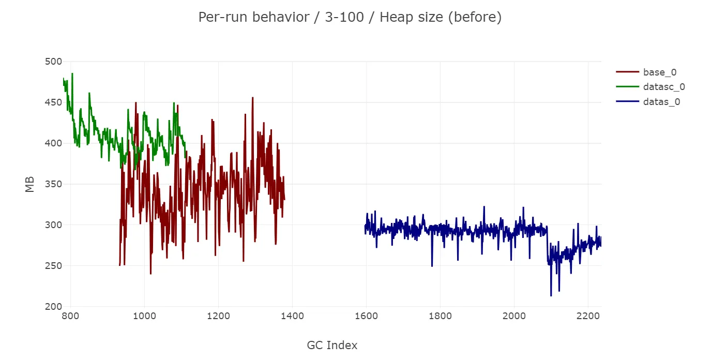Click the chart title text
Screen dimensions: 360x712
click(350, 18)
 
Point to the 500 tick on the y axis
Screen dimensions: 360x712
click(53, 62)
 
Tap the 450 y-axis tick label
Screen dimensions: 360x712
click(53, 102)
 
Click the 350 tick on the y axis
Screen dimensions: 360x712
click(53, 184)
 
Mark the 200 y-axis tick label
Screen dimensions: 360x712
click(53, 307)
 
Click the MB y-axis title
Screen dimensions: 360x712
click(30, 184)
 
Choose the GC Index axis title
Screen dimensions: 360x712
click(332, 346)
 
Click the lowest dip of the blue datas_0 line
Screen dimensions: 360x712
click(551, 295)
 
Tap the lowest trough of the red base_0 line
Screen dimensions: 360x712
click(150, 274)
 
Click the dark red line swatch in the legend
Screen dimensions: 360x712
click(627, 72)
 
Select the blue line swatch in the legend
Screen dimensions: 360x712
click(627, 102)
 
